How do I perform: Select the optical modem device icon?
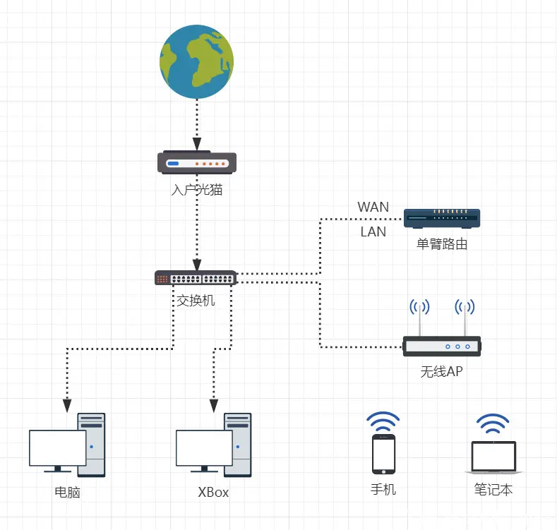197,163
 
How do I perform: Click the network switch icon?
196,277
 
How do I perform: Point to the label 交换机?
196,301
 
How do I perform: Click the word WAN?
373,207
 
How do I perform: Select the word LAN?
373,231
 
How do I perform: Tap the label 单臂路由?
442,245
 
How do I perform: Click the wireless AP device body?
442,346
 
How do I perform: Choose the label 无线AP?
442,371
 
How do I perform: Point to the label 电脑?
67,492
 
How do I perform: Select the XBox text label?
213,492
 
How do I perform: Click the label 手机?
383,489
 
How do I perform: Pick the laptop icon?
493,458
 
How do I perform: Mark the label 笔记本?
493,489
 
